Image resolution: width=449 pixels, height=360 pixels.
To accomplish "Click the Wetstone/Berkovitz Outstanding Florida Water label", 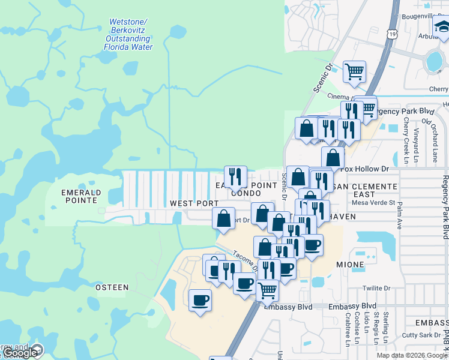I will (x=129, y=34).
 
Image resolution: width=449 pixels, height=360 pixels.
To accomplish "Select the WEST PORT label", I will (x=194, y=203).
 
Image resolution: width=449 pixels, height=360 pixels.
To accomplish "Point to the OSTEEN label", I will (x=112, y=287).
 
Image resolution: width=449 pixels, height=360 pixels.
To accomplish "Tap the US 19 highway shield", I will (x=391, y=36).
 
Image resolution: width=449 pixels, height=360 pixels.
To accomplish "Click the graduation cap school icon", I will (x=441, y=27).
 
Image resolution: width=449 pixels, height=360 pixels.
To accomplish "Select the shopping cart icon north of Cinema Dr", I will (x=354, y=71).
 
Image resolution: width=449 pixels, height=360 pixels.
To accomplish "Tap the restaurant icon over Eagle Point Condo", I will (x=235, y=176).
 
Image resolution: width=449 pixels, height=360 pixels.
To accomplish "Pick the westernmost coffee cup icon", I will (x=200, y=299).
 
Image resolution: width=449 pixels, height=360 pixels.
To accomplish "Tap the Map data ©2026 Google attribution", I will (x=411, y=355).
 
